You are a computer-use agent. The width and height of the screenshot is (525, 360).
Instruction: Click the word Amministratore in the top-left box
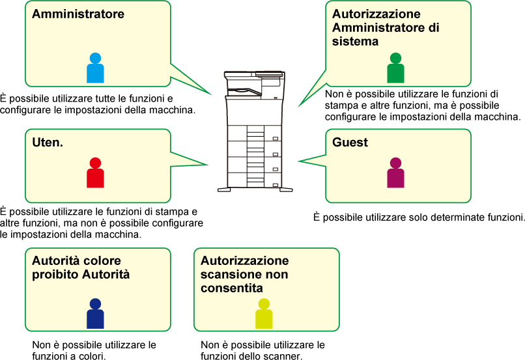[x=78, y=14]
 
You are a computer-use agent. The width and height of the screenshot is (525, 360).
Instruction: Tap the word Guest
[x=350, y=142]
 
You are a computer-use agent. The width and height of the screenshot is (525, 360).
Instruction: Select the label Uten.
[x=48, y=142]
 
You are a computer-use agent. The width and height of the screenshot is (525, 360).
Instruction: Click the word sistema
[x=355, y=42]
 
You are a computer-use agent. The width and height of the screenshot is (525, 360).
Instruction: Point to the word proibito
[x=55, y=275]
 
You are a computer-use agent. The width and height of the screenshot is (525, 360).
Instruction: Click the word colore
[x=102, y=261]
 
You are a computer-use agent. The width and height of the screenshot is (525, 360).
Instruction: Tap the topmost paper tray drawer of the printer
[x=254, y=134]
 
